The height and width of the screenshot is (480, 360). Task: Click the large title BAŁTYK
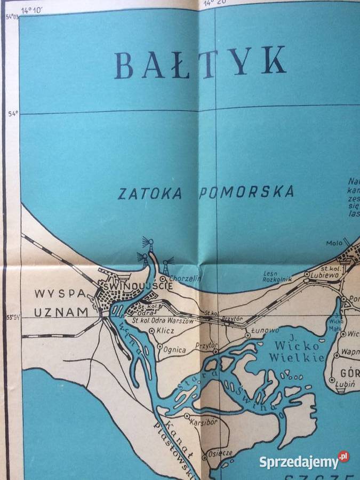pos(200,63)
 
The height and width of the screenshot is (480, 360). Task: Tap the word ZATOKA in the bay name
pos(150,193)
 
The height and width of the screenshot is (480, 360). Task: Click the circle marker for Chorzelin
pos(162,278)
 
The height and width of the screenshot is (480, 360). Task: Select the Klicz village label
pos(167,331)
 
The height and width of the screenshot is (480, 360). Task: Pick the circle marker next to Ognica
pos(159,347)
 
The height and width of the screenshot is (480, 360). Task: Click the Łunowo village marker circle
pos(247,337)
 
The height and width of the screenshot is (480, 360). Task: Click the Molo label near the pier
pos(334,243)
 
